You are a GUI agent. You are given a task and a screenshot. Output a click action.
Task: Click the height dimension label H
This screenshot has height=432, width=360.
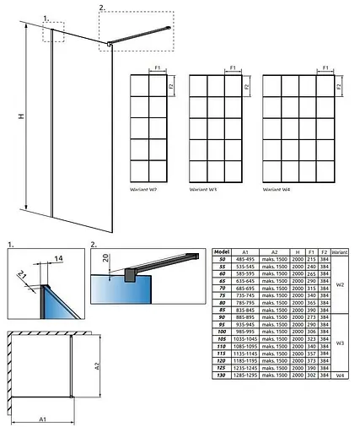9,119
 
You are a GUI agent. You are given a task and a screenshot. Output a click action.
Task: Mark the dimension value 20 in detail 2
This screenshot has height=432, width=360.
97,260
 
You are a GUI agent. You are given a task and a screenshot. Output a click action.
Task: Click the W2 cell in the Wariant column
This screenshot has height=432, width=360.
339,284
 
